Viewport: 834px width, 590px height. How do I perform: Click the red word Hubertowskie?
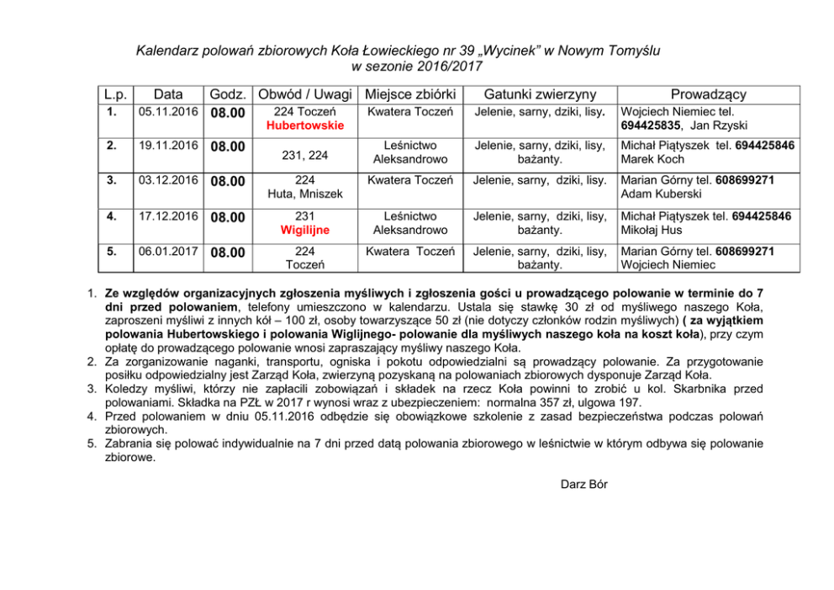pyautogui.click(x=305, y=125)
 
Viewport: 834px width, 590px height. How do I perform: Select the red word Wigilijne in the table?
pyautogui.click(x=305, y=230)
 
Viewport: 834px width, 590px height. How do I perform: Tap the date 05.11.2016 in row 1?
pyautogui.click(x=168, y=111)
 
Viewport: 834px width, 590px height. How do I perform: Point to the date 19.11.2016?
pyautogui.click(x=168, y=146)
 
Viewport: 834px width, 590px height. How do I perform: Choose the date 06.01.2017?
pyautogui.click(x=168, y=251)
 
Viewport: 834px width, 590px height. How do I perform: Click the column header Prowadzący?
pyautogui.click(x=708, y=94)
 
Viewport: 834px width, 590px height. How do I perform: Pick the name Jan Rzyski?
pyautogui.click(x=719, y=125)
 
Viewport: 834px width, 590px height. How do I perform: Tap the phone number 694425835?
pyautogui.click(x=650, y=125)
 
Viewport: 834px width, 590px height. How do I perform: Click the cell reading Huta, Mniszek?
pyautogui.click(x=306, y=194)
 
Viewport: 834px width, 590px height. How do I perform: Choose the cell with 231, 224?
pyautogui.click(x=305, y=155)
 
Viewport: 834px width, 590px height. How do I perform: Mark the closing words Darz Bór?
pyautogui.click(x=583, y=484)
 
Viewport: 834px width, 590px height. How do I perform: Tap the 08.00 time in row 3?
pyautogui.click(x=228, y=182)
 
